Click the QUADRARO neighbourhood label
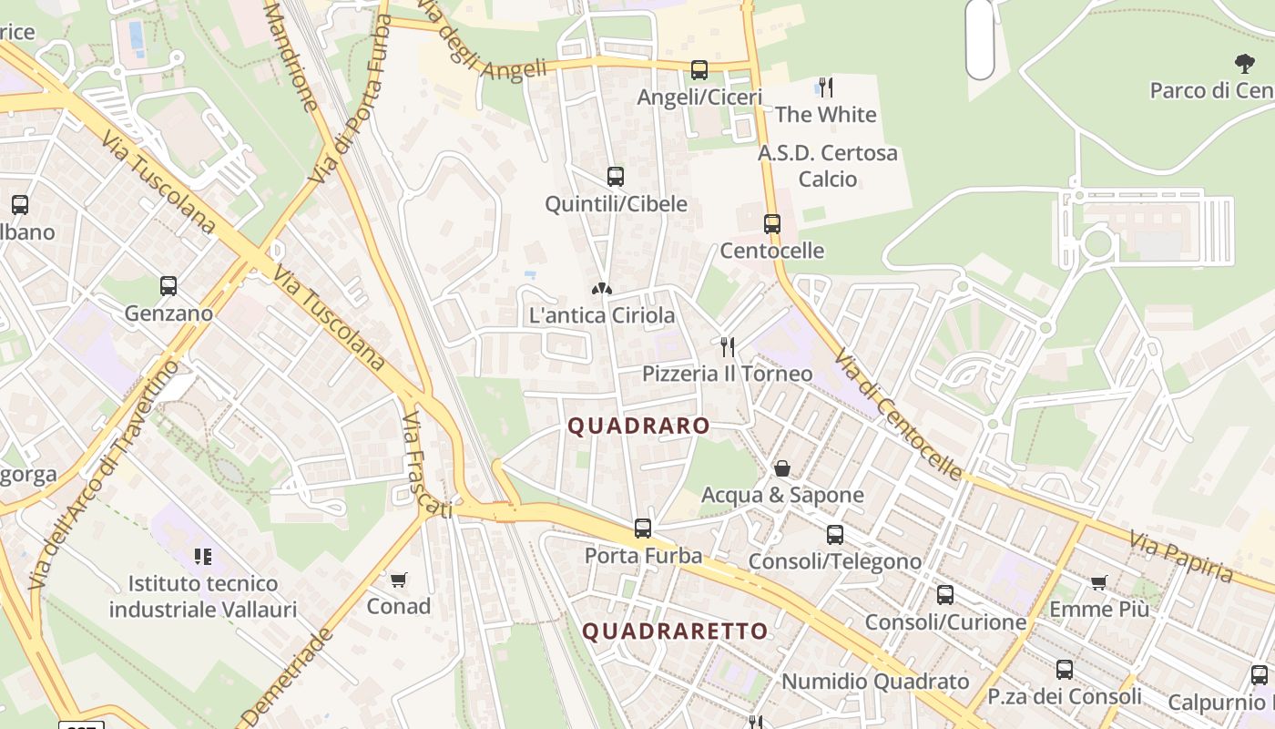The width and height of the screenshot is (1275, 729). point(638,426)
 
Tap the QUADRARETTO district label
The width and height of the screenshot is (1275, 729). point(675,631)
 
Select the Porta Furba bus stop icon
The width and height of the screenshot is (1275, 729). point(643,529)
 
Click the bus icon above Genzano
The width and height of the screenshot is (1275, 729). point(168,286)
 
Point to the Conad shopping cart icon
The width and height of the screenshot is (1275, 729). point(398,580)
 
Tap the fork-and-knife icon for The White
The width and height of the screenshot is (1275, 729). point(825,87)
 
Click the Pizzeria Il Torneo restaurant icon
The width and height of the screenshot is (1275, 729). point(727,347)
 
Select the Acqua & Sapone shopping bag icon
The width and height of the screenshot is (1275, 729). point(781,468)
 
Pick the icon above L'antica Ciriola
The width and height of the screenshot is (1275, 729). point(601,289)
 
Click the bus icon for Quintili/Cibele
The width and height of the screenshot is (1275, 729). point(616,177)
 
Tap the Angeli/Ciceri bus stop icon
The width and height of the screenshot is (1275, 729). point(699,70)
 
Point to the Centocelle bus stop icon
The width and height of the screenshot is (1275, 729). point(772,224)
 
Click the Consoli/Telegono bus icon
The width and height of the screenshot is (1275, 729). point(835,535)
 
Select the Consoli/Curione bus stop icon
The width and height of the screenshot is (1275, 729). point(945,595)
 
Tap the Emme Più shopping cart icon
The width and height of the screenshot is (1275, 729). point(1099,582)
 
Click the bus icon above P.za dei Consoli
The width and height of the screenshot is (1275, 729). point(1065,670)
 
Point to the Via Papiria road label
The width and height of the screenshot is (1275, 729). point(1181,557)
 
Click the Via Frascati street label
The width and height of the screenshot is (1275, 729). point(426,465)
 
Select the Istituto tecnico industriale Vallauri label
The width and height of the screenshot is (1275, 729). point(203,596)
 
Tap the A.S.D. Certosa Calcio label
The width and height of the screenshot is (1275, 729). point(828,165)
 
